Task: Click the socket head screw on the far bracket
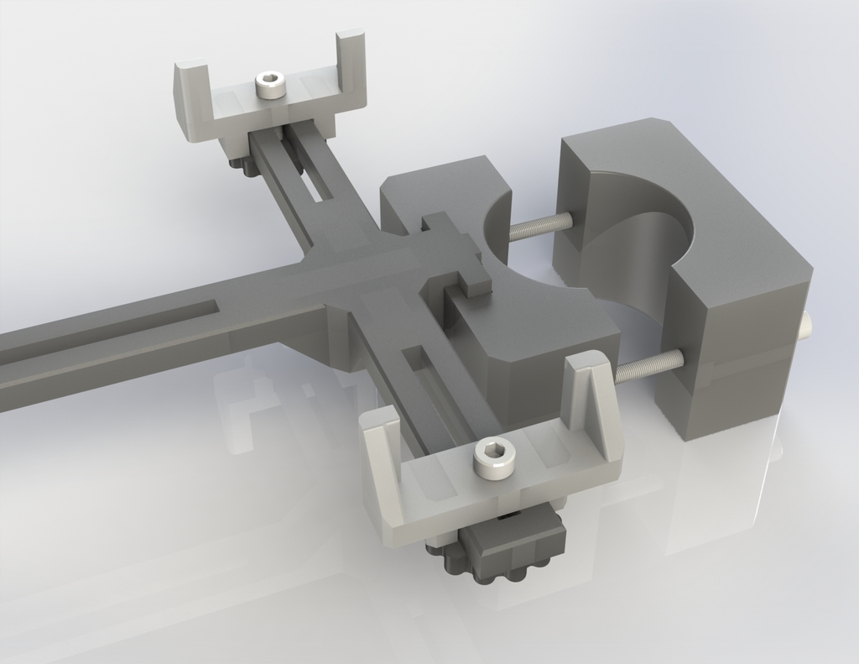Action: point(269,85)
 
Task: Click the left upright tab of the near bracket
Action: point(382,453)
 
